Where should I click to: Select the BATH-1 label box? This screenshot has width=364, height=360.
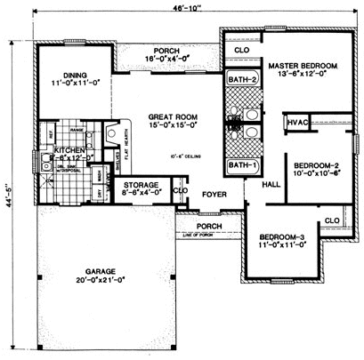click(239, 165)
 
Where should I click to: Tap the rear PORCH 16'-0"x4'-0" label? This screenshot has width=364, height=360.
click(166, 56)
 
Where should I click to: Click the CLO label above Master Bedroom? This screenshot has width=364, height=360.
click(240, 51)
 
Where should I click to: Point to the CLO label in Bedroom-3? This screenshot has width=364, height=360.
click(333, 219)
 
